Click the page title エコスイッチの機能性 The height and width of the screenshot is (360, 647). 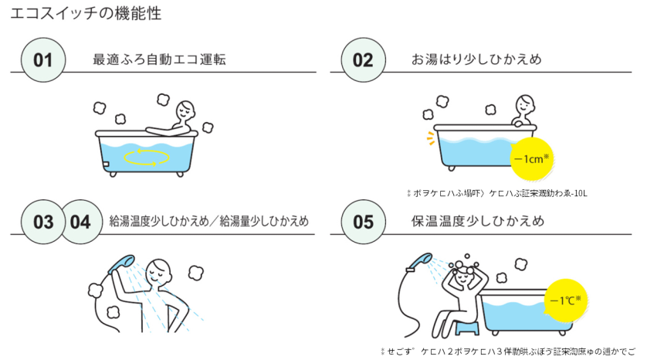pos(86,14)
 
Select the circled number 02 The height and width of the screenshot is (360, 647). pos(362,59)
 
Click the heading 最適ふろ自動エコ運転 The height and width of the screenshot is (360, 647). pos(159,59)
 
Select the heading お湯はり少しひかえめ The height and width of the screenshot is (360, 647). pos(476,59)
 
